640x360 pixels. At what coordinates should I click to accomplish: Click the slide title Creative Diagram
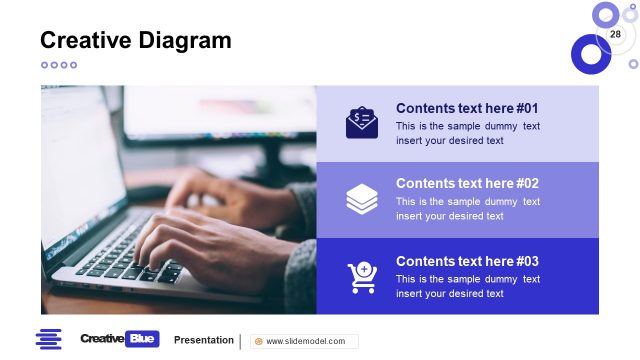135,40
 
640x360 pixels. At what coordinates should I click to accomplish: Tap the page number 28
615,35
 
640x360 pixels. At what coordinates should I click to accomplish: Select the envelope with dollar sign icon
362,123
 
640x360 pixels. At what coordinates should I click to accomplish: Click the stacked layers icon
362,199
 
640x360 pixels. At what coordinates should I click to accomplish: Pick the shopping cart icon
361,277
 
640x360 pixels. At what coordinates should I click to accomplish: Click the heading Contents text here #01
467,108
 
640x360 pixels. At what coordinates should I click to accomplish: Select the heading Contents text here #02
467,183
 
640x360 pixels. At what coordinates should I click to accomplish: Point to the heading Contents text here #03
467,261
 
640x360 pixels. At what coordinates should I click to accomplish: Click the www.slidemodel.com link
305,341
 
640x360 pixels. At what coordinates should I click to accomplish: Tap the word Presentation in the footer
204,340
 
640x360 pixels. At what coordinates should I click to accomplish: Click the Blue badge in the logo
142,339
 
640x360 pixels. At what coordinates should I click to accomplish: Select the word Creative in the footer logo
101,339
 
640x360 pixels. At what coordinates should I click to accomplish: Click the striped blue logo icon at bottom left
49,339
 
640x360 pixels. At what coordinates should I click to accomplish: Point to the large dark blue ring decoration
590,54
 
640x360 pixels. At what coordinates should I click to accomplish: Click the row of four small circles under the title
58,65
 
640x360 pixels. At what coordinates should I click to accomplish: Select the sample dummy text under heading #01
467,133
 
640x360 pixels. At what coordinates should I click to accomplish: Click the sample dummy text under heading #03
467,286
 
